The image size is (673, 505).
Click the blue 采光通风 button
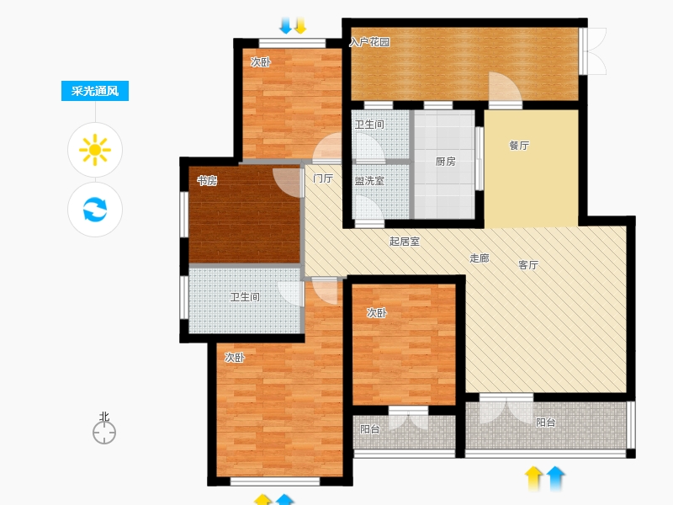coord(95,91)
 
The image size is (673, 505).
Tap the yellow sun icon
coord(95,150)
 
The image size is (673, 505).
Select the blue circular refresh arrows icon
coord(95,209)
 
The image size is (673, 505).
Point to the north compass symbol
coord(104,432)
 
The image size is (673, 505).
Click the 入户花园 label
coord(369,42)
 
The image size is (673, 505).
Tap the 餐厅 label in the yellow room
coord(519,146)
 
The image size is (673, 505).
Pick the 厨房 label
coord(446,162)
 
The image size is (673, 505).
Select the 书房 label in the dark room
coord(207,181)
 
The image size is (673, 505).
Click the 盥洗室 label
coord(369,181)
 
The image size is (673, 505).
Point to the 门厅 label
coord(323,178)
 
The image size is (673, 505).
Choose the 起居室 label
coord(405,242)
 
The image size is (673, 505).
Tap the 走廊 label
coord(480,258)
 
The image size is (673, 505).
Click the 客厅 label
coord(528,265)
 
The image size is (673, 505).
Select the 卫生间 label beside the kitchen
coord(369,125)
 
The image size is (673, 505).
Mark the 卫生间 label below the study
coord(245,297)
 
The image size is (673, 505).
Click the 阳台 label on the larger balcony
coord(546,423)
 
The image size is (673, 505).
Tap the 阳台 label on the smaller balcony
coord(369,429)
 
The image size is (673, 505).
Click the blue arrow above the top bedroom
coord(285,25)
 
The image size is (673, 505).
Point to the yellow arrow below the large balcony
coord(533,478)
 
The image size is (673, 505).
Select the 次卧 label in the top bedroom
coord(261,62)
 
